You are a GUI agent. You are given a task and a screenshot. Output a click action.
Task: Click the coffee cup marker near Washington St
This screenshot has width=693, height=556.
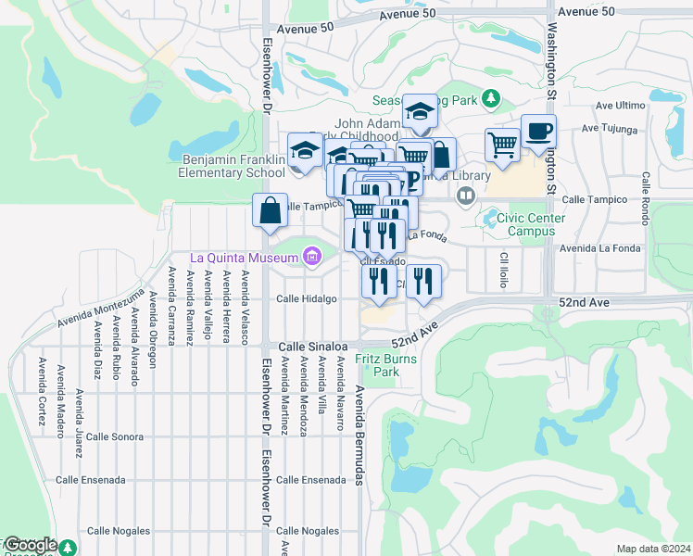pos(538,133)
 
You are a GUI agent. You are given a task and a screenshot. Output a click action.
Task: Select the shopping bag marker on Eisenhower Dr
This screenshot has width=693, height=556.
pos(269,210)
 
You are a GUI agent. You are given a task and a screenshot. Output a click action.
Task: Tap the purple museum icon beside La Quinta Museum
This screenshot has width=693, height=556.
pos(311,256)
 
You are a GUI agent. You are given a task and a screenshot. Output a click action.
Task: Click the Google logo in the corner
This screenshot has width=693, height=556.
pos(31,546)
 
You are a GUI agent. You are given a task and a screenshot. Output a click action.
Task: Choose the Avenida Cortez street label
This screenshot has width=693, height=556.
pos(42,394)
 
